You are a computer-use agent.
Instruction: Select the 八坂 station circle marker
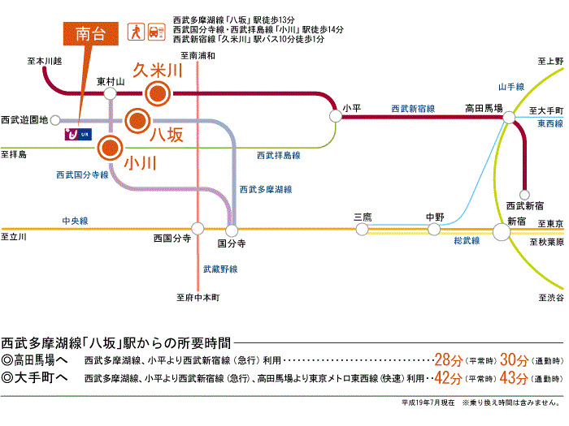point(136,123)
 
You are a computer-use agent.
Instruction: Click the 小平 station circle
point(335,117)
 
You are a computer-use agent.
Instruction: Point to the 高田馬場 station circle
point(510,118)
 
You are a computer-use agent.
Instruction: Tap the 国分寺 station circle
point(232,229)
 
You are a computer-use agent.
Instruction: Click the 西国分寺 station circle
point(196,229)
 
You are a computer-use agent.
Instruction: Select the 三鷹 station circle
point(361,230)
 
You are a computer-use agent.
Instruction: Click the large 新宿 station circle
point(502,230)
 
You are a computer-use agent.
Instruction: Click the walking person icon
point(138,32)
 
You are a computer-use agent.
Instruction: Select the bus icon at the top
point(158,32)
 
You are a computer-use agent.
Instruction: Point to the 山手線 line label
point(512,86)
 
